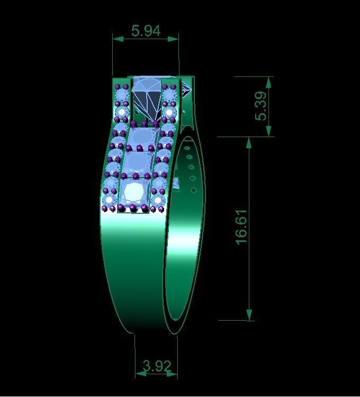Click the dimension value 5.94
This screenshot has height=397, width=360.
146,31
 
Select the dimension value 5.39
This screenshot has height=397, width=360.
262,106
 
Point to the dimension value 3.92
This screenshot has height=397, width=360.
156,365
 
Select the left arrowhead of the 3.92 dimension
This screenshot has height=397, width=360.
139,373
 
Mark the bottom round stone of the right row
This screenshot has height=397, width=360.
159,200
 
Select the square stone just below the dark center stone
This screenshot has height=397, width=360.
140,137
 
